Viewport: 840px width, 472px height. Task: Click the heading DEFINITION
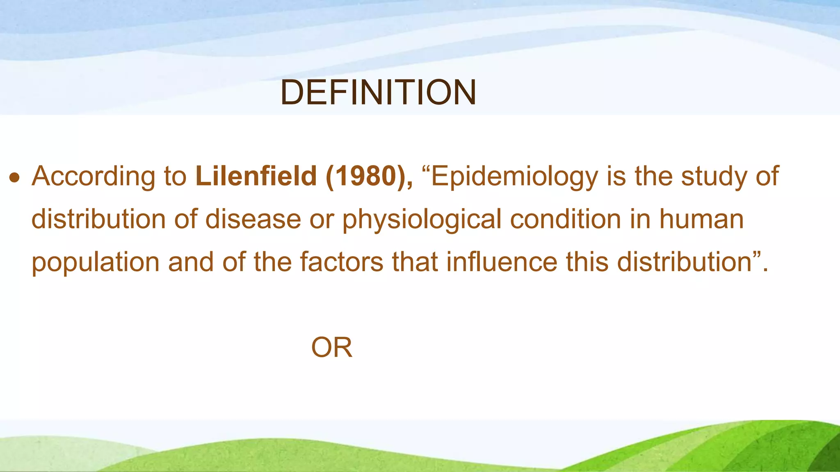coord(378,93)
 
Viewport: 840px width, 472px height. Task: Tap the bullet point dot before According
coord(15,177)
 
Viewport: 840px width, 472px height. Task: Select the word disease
coord(253,219)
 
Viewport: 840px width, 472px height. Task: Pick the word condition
coord(566,219)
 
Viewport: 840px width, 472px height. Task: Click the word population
coord(96,263)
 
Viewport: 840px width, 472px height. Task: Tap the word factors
coord(341,262)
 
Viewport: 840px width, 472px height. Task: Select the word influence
coord(502,262)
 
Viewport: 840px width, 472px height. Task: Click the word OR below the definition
coord(331,348)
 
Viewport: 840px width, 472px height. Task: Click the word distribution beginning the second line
coord(98,219)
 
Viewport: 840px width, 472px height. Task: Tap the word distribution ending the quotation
coord(685,262)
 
